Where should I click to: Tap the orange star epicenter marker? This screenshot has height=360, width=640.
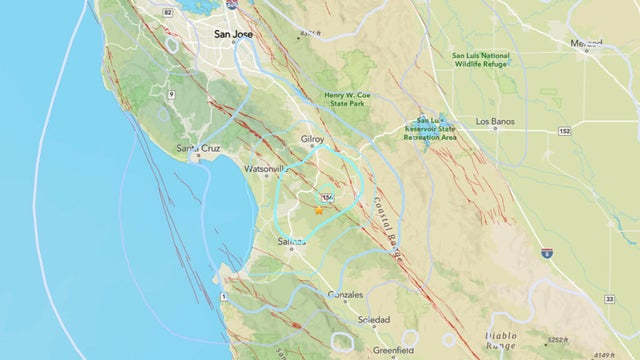[319, 210]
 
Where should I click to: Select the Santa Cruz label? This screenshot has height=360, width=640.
[197, 150]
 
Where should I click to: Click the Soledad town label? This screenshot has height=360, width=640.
[375, 320]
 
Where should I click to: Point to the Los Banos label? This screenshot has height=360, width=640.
[494, 123]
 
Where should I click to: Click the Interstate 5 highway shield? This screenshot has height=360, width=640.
[546, 253]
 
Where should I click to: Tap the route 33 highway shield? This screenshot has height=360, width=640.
[610, 298]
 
